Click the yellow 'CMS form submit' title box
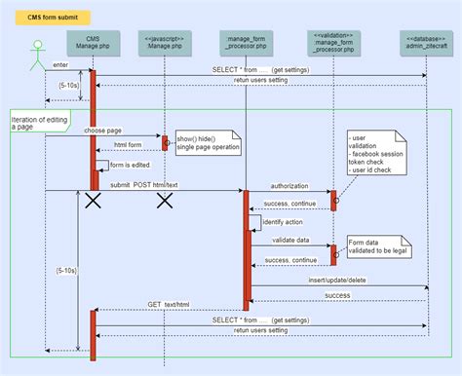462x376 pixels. coord(47,17)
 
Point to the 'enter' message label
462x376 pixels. coord(61,66)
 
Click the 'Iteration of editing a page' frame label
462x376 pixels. coord(39,123)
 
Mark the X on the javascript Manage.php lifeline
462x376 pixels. coord(165,201)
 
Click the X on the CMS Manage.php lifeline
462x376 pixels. coord(93,201)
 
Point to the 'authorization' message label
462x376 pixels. coord(289,185)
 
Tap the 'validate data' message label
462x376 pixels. coord(289,241)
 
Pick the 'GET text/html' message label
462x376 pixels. coord(168,305)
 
